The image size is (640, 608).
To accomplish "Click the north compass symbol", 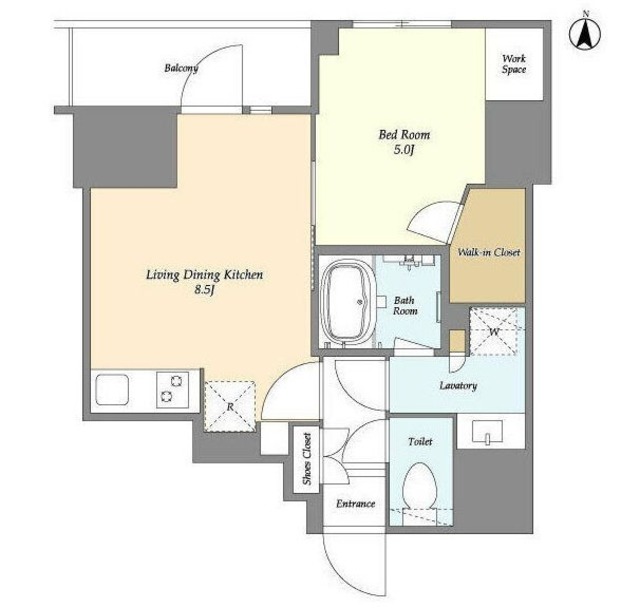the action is pos(585,34).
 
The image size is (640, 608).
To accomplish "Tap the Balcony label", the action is pos(181,68).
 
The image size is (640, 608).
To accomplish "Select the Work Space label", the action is pos(514,64).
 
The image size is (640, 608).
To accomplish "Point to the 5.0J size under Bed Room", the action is pos(404,150).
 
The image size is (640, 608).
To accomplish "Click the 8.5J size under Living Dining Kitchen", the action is pos(204,290).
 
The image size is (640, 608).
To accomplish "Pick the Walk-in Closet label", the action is pos(489,252).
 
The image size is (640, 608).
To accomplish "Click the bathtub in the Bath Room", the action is pos(348,303).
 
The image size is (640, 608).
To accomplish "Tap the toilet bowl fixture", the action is pos(420,486).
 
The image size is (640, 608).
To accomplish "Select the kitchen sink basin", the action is pos(112,390).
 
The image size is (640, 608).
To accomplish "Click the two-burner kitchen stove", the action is pos(173,390).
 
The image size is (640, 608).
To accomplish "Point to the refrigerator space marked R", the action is pos(230,406).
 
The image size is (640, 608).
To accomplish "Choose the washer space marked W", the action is pos(493,332).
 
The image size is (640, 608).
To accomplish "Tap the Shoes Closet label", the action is pos(307,459).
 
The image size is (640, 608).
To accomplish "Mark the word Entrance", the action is pos(356,504).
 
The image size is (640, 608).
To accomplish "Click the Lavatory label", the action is pos(458,386).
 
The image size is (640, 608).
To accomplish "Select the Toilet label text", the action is pos(420,441).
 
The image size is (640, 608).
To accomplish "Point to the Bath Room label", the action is pos(405,306).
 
